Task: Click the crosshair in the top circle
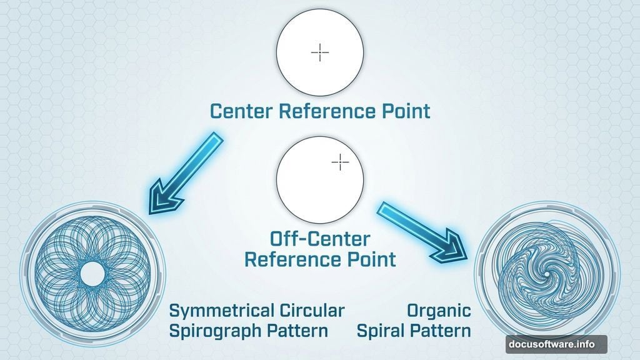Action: coord(320,53)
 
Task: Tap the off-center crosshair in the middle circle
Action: coord(340,162)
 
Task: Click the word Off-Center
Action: coord(319,239)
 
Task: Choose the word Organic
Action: coord(439,311)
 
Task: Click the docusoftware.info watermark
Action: coord(556,344)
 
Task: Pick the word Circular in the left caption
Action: coord(311,311)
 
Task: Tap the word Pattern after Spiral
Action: coord(442,331)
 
